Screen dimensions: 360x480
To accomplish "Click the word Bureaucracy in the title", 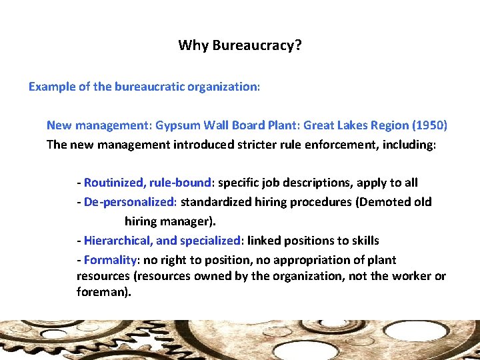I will click(x=254, y=46).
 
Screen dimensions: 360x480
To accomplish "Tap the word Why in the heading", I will click(x=193, y=46).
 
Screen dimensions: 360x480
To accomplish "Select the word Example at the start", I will click(x=52, y=87).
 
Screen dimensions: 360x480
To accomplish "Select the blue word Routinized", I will click(x=113, y=183).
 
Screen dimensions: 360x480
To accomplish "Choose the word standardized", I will click(x=216, y=202).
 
